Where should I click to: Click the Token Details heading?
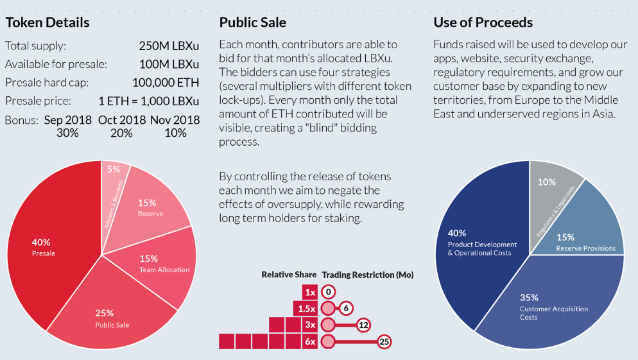coord(47,22)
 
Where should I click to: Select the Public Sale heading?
coord(252,22)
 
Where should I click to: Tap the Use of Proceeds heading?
coord(483,22)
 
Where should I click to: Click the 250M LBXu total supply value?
coord(169,46)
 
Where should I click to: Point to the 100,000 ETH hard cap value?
coord(166,83)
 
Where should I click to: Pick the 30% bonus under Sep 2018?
coord(67,133)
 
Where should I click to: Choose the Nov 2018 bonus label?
coord(175,120)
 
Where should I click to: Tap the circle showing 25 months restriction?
coord(384,341)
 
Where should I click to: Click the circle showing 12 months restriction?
coord(364,325)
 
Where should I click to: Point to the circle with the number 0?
coord(328,292)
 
